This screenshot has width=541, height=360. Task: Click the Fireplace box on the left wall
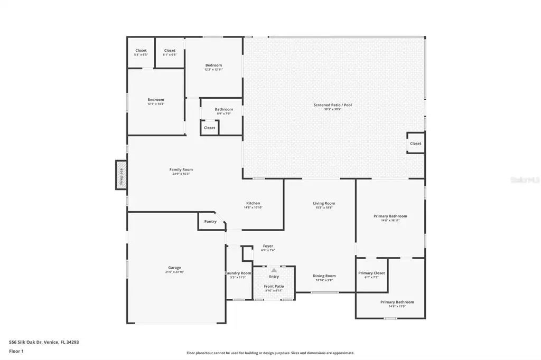point(121,175)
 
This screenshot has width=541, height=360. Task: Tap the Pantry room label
point(210,222)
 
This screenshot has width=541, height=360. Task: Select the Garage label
point(174,268)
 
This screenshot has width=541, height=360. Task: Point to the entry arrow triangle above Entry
point(274,270)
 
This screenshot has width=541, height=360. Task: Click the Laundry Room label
point(238,273)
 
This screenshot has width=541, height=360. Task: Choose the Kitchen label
point(253,204)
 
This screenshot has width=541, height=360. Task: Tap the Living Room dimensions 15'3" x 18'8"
point(324,208)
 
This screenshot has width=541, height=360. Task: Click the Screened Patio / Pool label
point(332,106)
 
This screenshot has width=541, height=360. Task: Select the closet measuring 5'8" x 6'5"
point(141,52)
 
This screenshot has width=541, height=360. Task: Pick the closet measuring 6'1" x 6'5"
point(170,52)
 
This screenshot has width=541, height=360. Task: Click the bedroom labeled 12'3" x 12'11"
point(213,67)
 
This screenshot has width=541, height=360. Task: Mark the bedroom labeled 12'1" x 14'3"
point(156,101)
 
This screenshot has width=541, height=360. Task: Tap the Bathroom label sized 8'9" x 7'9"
point(224,111)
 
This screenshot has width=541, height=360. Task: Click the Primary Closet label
point(371,273)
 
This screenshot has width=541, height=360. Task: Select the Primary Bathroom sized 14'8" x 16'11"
point(390,217)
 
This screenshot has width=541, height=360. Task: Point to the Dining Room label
point(324,276)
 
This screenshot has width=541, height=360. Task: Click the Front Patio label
point(274,287)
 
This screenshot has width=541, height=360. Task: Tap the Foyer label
point(268,247)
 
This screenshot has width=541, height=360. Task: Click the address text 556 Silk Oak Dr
point(44,342)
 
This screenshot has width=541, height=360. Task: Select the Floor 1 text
point(16,351)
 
